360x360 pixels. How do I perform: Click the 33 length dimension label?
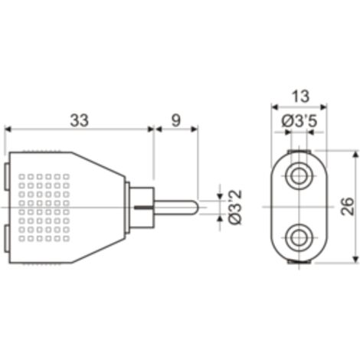coord(80,120)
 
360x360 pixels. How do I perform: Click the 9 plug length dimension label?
coord(175,120)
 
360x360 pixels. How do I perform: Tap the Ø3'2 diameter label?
coord(235,208)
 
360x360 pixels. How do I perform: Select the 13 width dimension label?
coord(300,97)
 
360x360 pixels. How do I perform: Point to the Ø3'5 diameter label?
coord(299,121)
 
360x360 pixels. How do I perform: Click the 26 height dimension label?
coord(348,206)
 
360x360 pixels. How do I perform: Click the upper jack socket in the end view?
coord(299,176)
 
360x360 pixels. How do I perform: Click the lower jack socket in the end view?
coord(299,238)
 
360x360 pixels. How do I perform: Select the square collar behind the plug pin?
coord(142,208)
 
